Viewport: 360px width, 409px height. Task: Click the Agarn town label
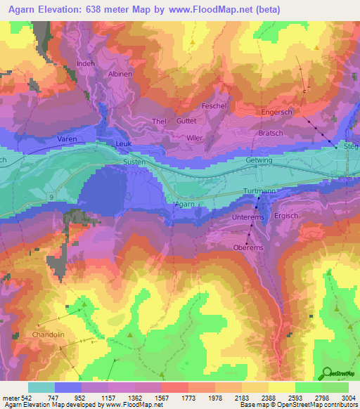[184, 204]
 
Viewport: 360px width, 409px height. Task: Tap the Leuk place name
[124, 144]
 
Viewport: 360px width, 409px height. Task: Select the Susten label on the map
[134, 162]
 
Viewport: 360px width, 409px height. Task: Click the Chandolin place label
[49, 335]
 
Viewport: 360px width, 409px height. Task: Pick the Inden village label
[85, 64]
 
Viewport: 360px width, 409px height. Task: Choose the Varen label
[67, 140]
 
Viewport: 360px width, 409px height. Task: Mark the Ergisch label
[287, 216]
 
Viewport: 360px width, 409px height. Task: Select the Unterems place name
[247, 219]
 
